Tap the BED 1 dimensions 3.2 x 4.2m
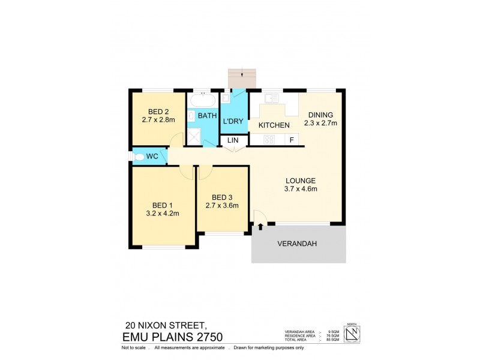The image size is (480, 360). click(x=163, y=212)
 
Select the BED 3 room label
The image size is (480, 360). click(x=222, y=197)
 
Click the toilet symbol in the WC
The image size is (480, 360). click(x=139, y=157)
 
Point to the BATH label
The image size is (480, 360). click(x=207, y=116)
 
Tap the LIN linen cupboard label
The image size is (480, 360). click(x=232, y=141)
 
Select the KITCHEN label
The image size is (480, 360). click(x=274, y=125)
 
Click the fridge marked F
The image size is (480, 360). click(x=292, y=140)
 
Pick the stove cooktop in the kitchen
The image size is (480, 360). click(x=269, y=140)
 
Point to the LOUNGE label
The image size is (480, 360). click(x=300, y=181)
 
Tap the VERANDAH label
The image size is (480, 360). click(x=296, y=244)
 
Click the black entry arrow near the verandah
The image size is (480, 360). click(x=261, y=227)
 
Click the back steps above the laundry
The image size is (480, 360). click(x=242, y=78)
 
